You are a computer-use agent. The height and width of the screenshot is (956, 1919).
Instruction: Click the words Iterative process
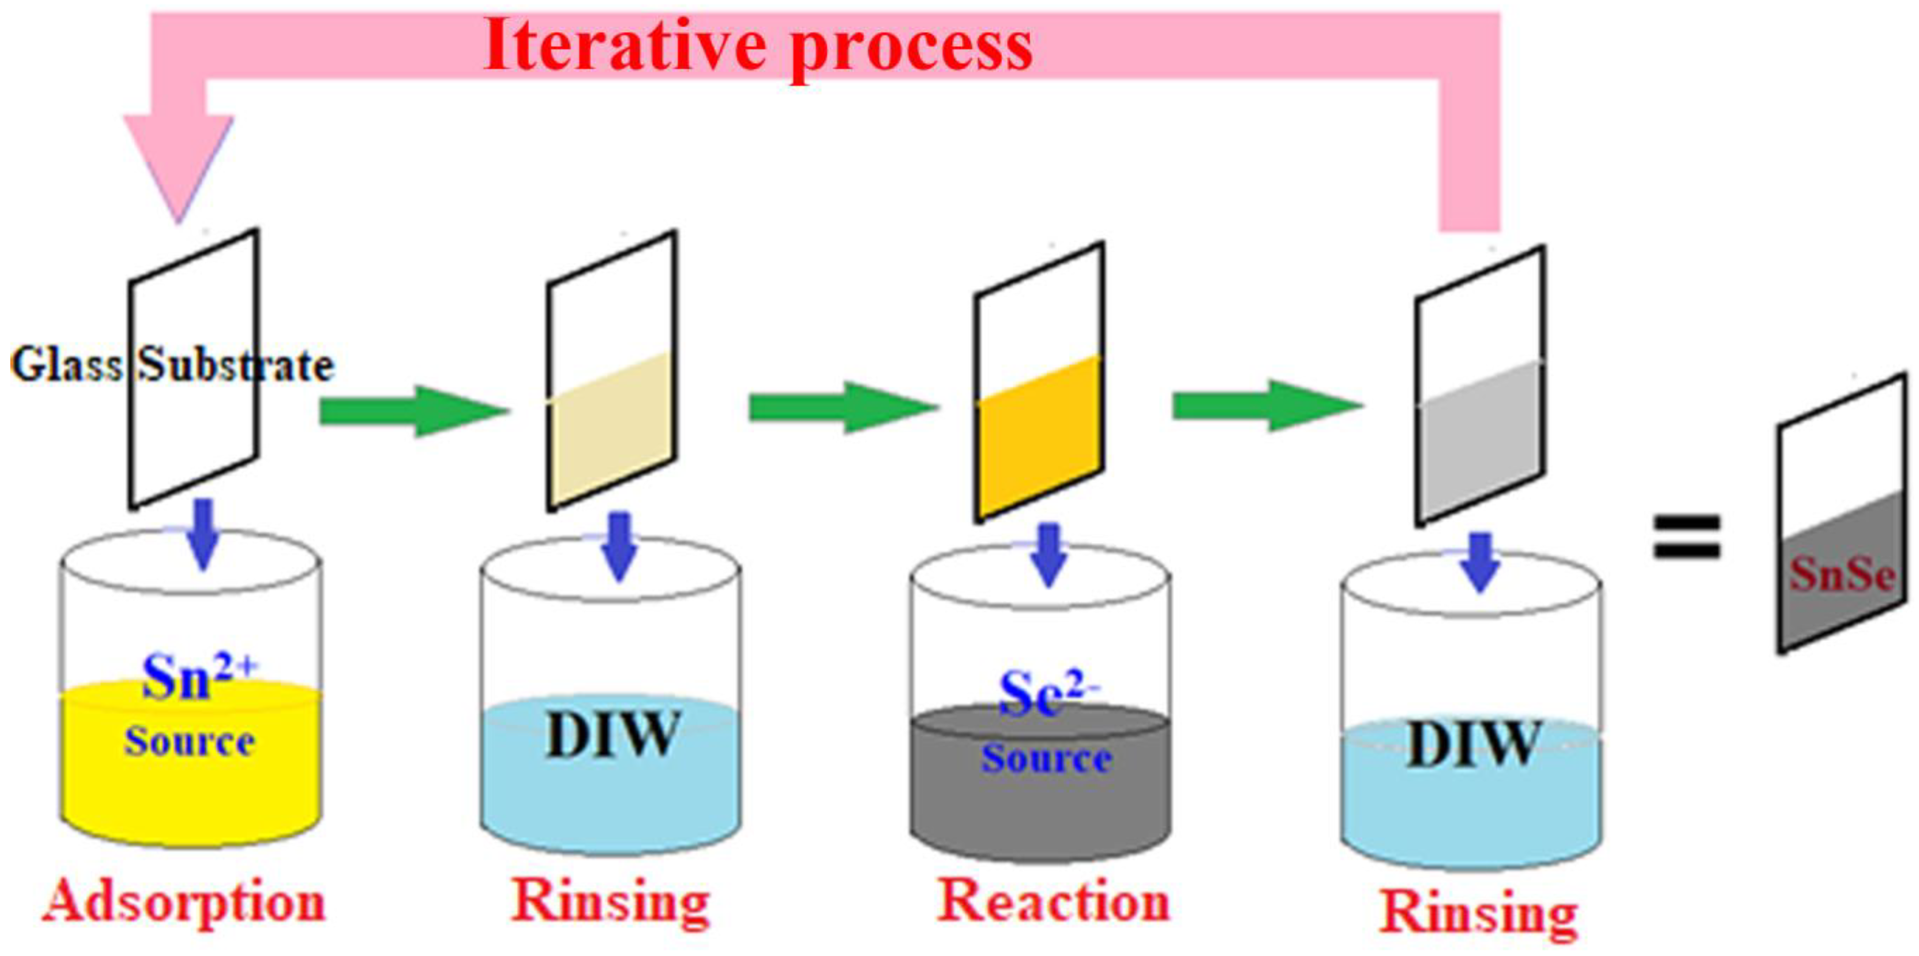click(x=758, y=46)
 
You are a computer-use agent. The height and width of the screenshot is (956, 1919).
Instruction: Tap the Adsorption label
click(x=183, y=903)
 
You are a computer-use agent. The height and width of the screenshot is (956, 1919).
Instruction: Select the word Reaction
click(x=1052, y=901)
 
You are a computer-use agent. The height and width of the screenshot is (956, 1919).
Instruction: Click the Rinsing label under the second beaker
click(x=610, y=903)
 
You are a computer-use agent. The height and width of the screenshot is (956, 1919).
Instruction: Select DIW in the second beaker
click(x=612, y=736)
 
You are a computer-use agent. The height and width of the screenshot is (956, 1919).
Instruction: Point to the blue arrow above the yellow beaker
click(x=203, y=534)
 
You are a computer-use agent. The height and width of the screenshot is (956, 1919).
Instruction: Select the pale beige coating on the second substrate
click(x=611, y=432)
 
